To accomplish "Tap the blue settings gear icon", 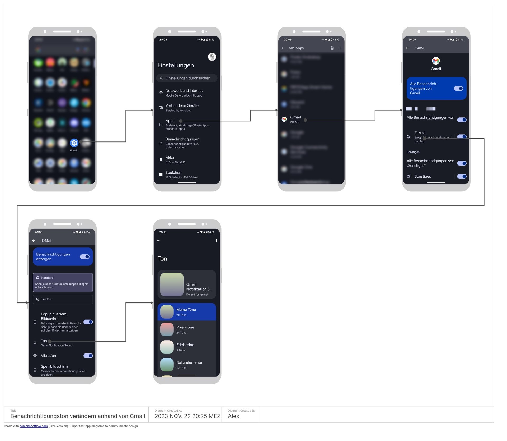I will (x=74, y=143).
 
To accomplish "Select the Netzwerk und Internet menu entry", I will (x=184, y=93).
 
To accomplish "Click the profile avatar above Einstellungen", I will (x=212, y=57).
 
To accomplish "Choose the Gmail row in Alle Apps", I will (x=295, y=119).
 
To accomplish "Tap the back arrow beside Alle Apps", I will (x=283, y=48).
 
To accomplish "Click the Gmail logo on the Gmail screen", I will (x=436, y=61).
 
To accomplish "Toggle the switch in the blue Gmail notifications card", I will (x=458, y=89).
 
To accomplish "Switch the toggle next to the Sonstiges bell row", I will (x=462, y=176).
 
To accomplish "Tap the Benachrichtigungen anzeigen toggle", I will (x=85, y=257).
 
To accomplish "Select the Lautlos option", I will (x=63, y=299).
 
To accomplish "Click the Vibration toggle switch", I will (x=88, y=356).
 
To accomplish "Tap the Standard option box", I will (x=63, y=282).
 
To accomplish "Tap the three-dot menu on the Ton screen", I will (x=216, y=241).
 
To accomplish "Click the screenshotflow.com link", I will (x=34, y=426).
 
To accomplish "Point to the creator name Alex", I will (x=233, y=416).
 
